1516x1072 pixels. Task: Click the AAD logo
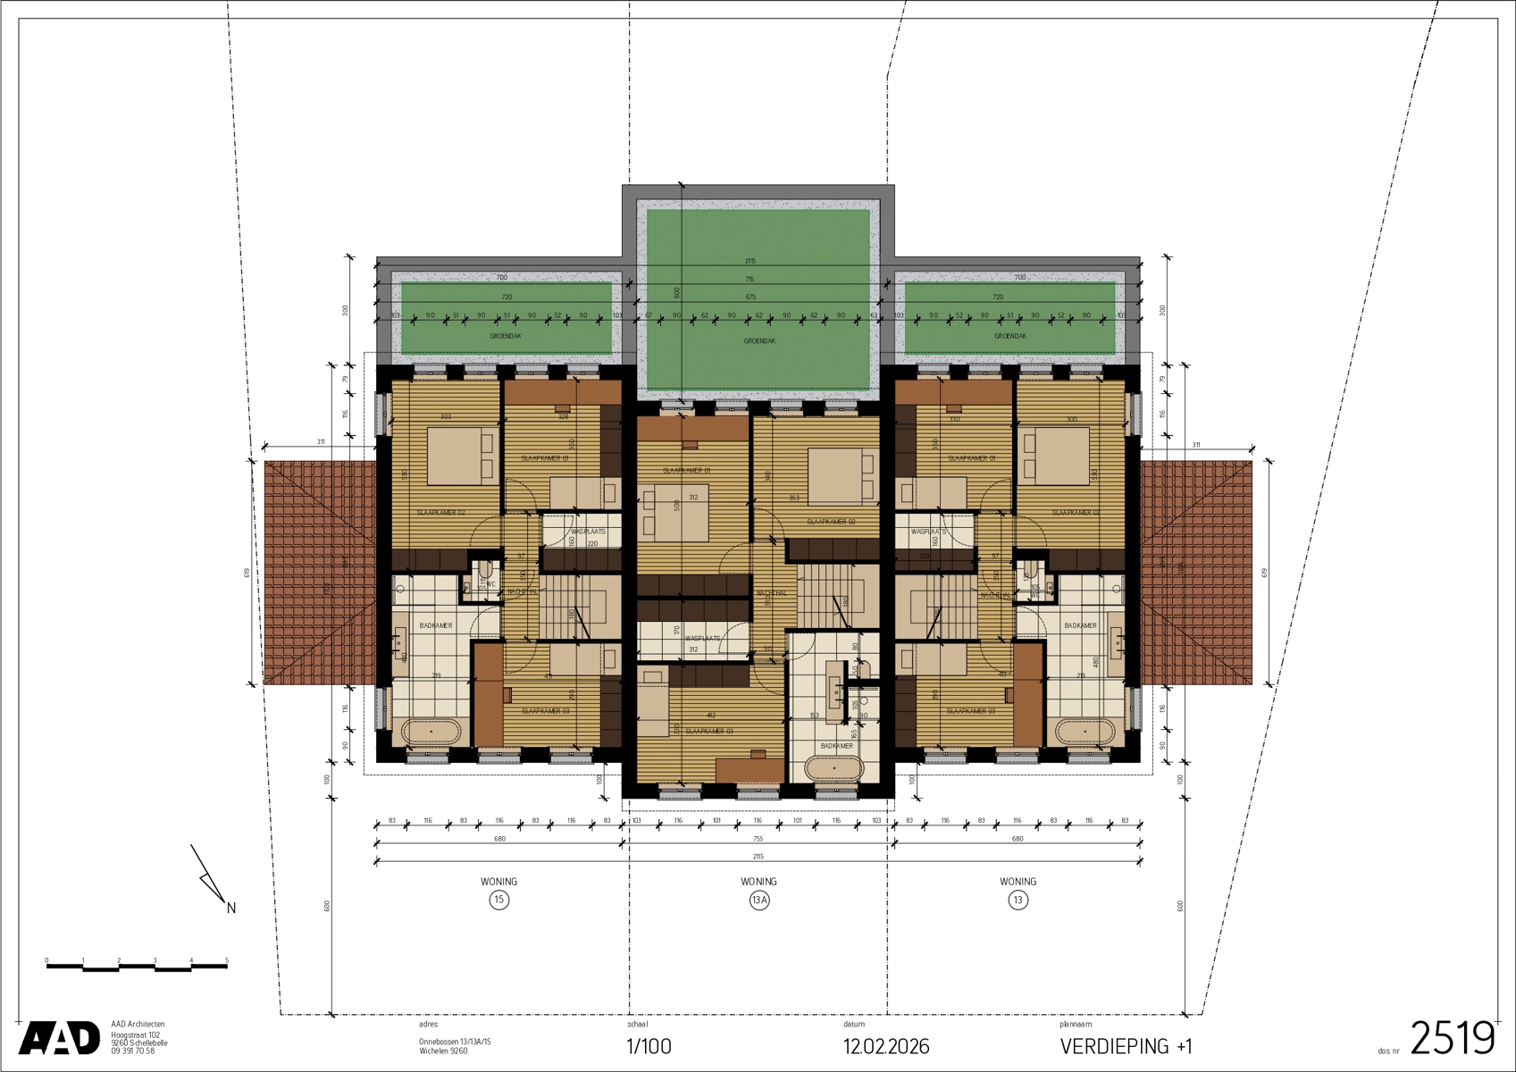pyautogui.click(x=59, y=1038)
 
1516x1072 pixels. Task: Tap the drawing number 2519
pyautogui.click(x=1452, y=1039)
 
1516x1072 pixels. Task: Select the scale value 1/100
pyautogui.click(x=649, y=1046)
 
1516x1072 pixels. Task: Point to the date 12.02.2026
pyautogui.click(x=886, y=1046)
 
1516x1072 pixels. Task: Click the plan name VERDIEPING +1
pyautogui.click(x=1126, y=1046)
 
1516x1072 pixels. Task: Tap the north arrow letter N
pyautogui.click(x=231, y=909)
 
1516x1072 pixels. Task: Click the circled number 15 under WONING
pyautogui.click(x=498, y=900)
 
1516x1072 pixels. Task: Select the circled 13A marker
pyautogui.click(x=758, y=900)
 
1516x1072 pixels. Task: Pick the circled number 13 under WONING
pyautogui.click(x=1018, y=900)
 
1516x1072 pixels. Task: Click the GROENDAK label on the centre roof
pyautogui.click(x=759, y=341)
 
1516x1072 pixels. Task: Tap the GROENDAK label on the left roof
pyautogui.click(x=506, y=336)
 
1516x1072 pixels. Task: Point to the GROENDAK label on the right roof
pyautogui.click(x=1010, y=336)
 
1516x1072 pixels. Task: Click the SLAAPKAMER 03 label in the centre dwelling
pyautogui.click(x=708, y=731)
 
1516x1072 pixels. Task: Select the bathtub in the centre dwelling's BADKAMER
pyautogui.click(x=833, y=768)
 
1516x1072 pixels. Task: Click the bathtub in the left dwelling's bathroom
pyautogui.click(x=431, y=732)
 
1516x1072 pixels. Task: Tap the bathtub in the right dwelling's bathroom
pyautogui.click(x=1085, y=732)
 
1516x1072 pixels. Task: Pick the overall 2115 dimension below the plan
pyautogui.click(x=758, y=857)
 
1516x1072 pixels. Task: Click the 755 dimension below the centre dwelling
pyautogui.click(x=758, y=839)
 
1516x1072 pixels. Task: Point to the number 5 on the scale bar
pyautogui.click(x=227, y=961)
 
